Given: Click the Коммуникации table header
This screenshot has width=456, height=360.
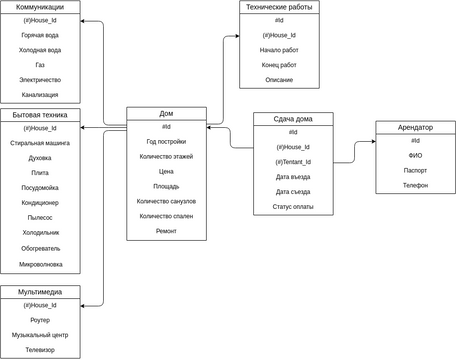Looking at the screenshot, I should pyautogui.click(x=40, y=7).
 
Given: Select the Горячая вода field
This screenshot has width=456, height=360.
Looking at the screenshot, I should pyautogui.click(x=40, y=35).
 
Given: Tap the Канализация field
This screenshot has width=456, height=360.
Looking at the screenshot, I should pyautogui.click(x=40, y=94).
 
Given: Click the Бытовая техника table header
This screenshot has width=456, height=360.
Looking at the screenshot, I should pyautogui.click(x=40, y=115).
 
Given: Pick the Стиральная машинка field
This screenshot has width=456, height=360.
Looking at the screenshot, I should pyautogui.click(x=40, y=143).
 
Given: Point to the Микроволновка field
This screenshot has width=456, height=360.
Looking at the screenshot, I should pyautogui.click(x=40, y=264).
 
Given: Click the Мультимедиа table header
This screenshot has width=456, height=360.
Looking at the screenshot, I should pyautogui.click(x=40, y=291).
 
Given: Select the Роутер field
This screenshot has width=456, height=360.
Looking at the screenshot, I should pyautogui.click(x=40, y=320).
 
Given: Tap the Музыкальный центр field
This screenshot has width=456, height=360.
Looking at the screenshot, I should pyautogui.click(x=40, y=335).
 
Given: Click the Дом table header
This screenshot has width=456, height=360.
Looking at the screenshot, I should pyautogui.click(x=166, y=113).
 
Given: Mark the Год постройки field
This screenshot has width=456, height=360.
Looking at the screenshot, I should pyautogui.click(x=166, y=142).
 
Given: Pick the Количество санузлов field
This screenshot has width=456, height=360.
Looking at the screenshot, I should pyautogui.click(x=166, y=201).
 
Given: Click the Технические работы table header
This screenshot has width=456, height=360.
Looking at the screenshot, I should pyautogui.click(x=278, y=7).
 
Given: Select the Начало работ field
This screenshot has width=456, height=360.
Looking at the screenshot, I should pyautogui.click(x=278, y=49).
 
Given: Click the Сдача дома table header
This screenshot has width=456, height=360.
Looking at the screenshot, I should pyautogui.click(x=292, y=119).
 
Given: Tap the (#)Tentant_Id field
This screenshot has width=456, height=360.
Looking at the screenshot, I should pyautogui.click(x=292, y=162).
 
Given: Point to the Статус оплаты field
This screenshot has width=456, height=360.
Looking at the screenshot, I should pyautogui.click(x=292, y=207).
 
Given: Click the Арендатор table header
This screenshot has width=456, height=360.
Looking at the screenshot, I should pyautogui.click(x=415, y=127).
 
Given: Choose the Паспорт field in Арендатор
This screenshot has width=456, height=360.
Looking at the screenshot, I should pyautogui.click(x=415, y=170).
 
